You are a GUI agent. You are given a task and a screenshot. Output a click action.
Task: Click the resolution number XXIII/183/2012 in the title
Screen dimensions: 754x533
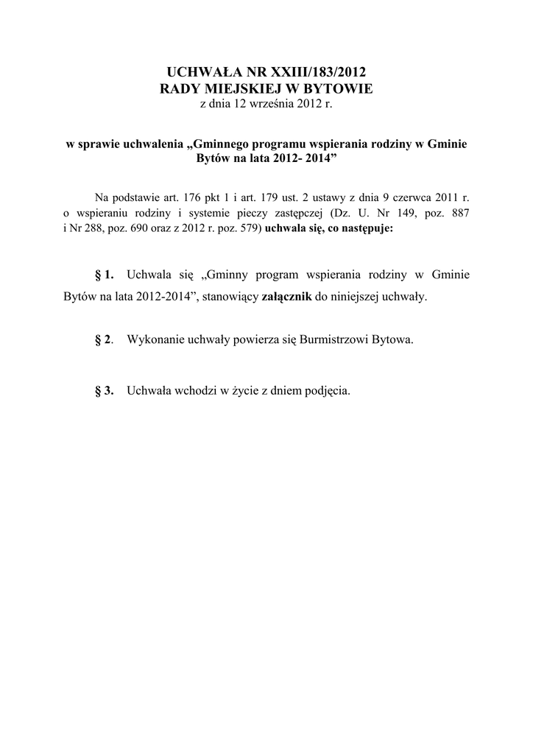318,71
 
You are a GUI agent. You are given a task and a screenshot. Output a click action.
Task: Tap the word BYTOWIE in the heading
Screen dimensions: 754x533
335,89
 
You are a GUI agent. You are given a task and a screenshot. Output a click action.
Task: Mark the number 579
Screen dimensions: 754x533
247,228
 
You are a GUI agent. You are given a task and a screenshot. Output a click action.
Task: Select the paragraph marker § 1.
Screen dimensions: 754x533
105,275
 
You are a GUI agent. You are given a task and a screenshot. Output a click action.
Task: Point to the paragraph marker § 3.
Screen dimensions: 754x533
105,391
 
